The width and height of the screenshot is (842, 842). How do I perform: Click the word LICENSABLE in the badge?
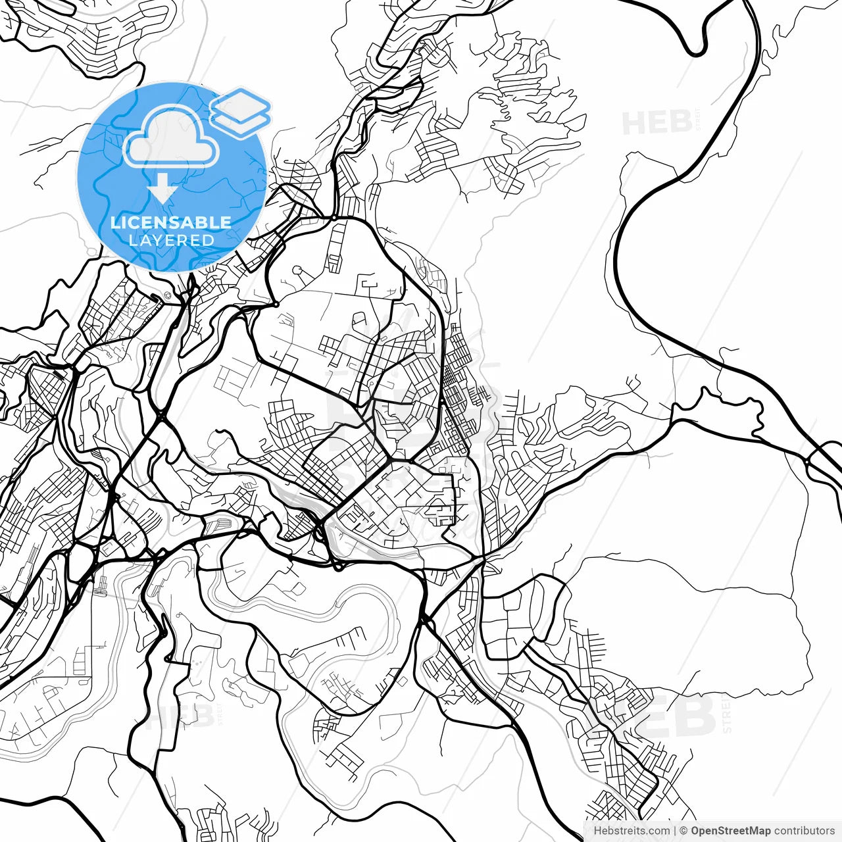pyautogui.click(x=171, y=222)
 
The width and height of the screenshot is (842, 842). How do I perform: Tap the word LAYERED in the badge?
pyautogui.click(x=171, y=240)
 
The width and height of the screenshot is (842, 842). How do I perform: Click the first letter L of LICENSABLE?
pyautogui.click(x=114, y=222)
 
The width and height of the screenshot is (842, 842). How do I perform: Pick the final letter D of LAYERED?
pyautogui.click(x=209, y=240)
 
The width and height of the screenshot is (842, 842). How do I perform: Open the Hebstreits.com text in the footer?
pyautogui.click(x=631, y=831)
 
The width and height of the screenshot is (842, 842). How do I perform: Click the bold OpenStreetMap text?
pyautogui.click(x=730, y=831)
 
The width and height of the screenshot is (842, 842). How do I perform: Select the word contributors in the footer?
pyautogui.click(x=804, y=831)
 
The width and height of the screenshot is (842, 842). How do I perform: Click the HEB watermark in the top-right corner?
pyautogui.click(x=656, y=123)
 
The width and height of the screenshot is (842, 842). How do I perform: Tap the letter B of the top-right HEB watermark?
pyautogui.click(x=680, y=123)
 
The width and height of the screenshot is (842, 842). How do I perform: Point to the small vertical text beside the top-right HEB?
pyautogui.click(x=698, y=120)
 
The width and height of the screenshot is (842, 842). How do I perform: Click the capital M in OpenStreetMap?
pyautogui.click(x=751, y=831)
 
